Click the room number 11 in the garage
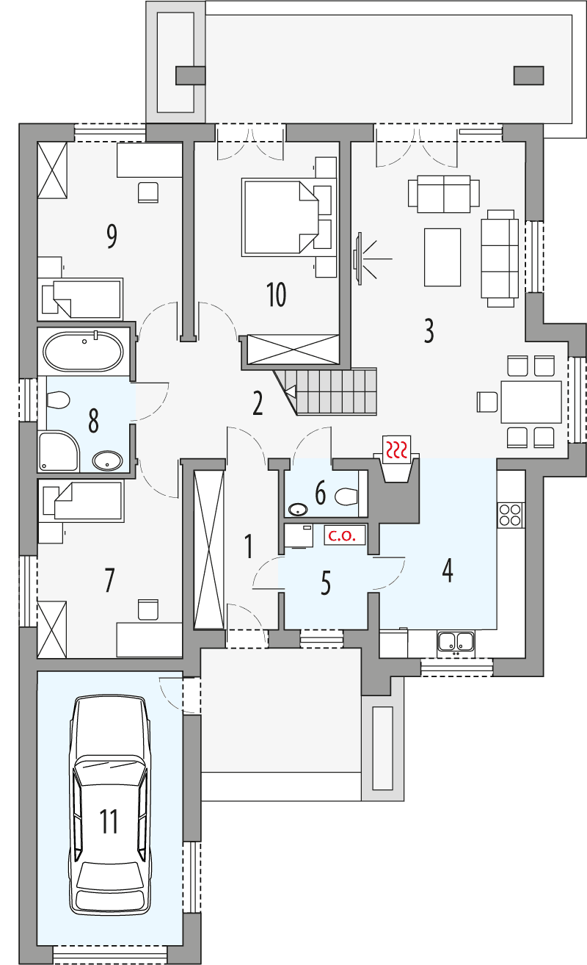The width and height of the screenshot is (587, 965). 109,821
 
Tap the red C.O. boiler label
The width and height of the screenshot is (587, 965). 342,536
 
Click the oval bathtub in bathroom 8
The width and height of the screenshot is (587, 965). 83,352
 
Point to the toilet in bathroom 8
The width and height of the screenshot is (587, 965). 57,401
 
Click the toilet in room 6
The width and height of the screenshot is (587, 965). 346,498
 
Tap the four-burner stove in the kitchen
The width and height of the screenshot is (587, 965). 510,514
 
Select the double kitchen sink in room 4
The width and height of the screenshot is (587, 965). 456,642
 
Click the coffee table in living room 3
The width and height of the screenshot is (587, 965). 442,257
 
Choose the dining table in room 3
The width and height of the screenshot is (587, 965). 531,402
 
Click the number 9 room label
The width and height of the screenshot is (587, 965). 112,236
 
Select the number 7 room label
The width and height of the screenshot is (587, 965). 109,580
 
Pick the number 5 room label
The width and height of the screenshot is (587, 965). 326,583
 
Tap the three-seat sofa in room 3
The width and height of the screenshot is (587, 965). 499,257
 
